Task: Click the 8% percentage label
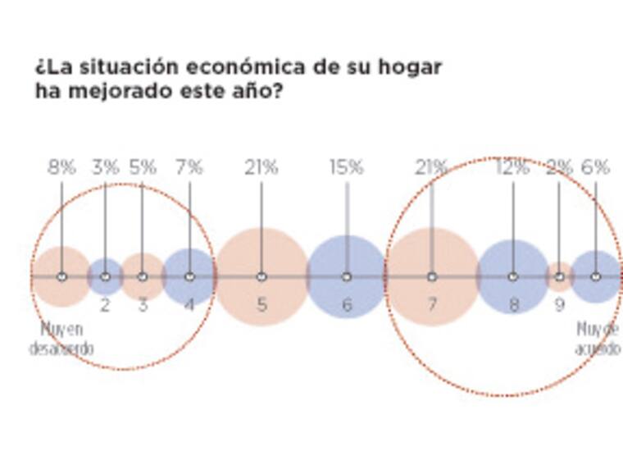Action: (x=61, y=167)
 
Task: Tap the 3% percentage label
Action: (x=105, y=167)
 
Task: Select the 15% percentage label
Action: (x=346, y=167)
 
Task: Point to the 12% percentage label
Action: (x=513, y=167)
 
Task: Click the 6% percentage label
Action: (x=596, y=167)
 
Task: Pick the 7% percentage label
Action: (x=189, y=167)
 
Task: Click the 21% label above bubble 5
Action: (x=261, y=167)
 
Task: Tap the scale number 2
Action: (x=105, y=305)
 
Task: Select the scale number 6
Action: (x=347, y=305)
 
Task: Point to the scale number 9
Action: (x=560, y=305)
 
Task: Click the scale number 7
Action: (x=432, y=305)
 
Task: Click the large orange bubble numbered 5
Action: (x=261, y=254)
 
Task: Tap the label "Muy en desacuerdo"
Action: (x=61, y=339)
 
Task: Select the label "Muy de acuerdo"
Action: (x=598, y=339)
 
